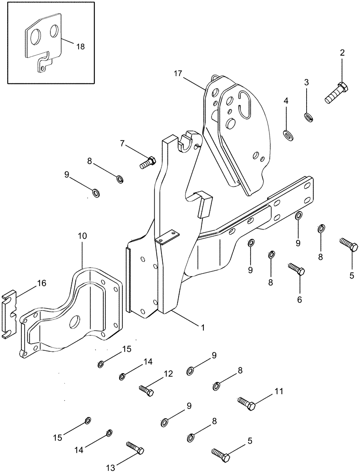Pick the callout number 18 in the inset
point(80,46)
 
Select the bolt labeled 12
point(146,390)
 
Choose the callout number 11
point(279,392)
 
